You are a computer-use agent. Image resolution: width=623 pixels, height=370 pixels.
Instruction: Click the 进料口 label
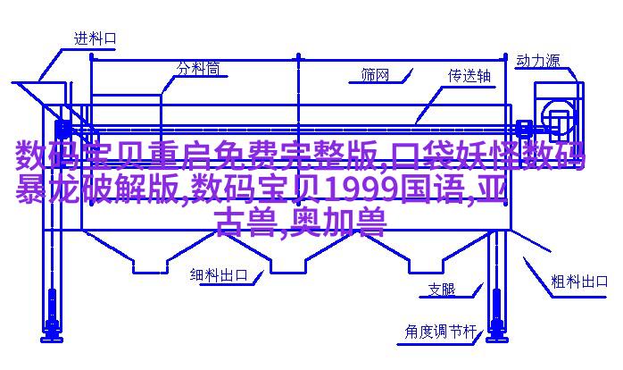[x=96, y=38]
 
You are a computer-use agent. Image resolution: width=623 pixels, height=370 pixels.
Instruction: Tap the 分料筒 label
[x=198, y=69]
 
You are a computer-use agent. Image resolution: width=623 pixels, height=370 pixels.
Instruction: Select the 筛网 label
[x=375, y=74]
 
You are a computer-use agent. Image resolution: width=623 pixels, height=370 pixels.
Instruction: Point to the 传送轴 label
[x=469, y=76]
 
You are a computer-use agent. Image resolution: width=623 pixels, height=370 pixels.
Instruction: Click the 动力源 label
[x=538, y=61]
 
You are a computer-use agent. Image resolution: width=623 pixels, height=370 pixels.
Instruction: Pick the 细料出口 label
[x=219, y=275]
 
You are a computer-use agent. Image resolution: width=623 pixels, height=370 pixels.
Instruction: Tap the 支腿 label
[x=442, y=290]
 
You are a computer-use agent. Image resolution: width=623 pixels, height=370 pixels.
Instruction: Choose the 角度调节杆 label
[x=440, y=332]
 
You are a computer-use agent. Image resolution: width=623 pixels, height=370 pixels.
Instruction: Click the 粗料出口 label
[x=579, y=282]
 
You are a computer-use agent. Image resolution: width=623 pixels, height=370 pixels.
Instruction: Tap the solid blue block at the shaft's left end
[x=62, y=130]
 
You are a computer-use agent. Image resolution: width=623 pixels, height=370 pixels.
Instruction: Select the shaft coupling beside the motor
[x=524, y=128]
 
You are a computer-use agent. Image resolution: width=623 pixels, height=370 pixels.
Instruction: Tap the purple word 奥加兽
[x=338, y=223]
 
